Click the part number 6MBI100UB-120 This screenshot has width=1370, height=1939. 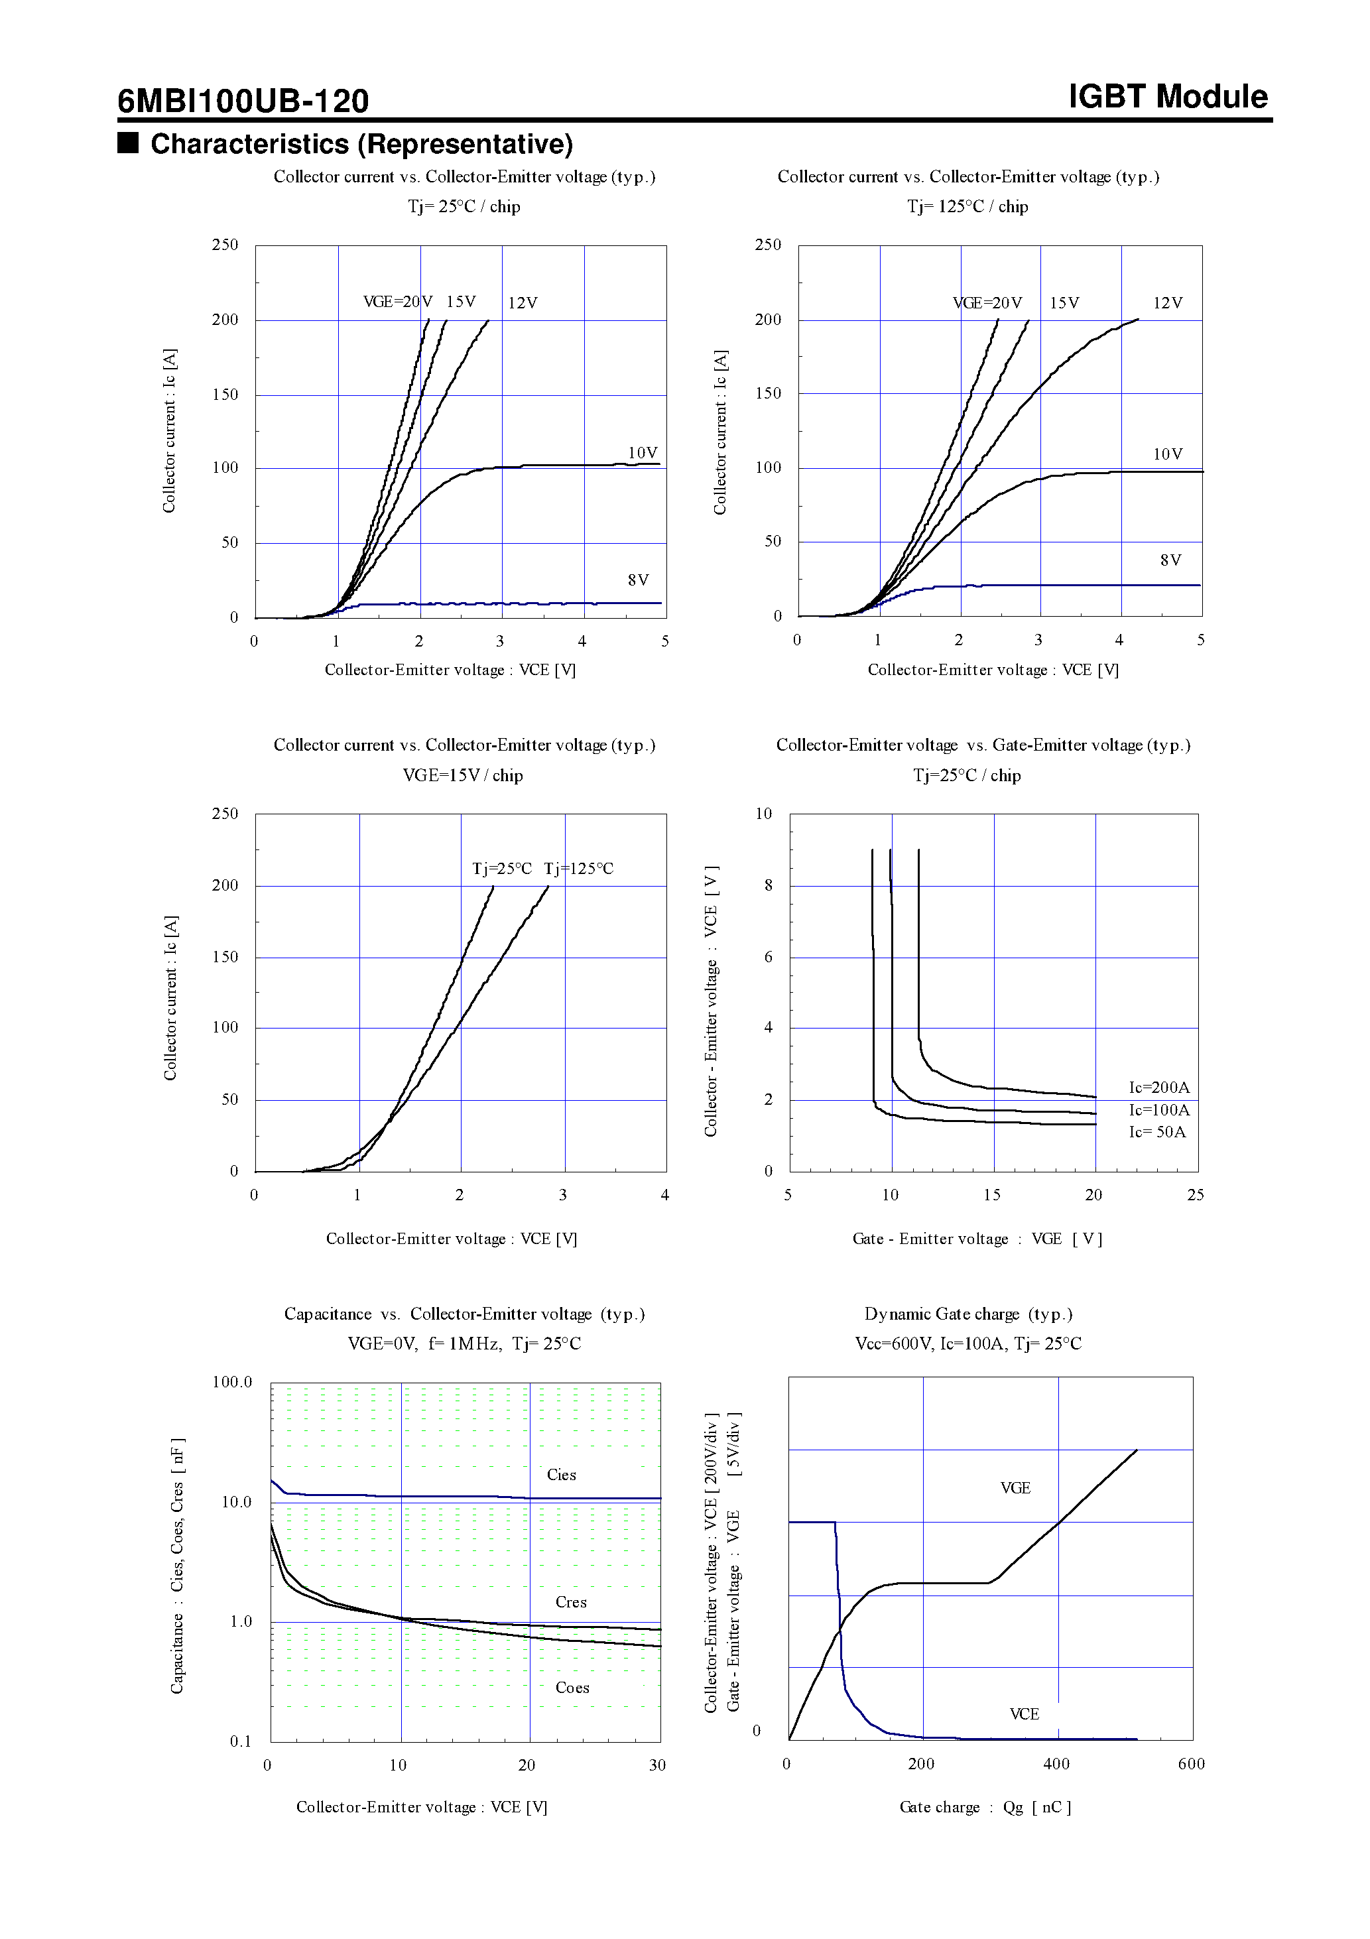point(243,101)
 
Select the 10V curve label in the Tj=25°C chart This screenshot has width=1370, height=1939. point(642,454)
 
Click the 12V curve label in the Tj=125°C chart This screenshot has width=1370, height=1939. point(1167,303)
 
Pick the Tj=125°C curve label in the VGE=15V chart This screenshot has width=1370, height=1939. point(579,869)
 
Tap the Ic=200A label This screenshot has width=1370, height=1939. point(1159,1088)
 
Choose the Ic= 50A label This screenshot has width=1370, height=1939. point(1157,1133)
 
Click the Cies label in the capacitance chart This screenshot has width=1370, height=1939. point(561,1475)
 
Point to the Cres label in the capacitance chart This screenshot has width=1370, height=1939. point(571,1603)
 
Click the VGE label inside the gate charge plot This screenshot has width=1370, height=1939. point(1015,1488)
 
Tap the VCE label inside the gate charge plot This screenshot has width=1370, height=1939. point(1024,1714)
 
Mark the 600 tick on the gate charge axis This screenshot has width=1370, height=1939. point(1191,1764)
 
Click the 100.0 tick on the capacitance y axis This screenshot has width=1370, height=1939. point(232,1383)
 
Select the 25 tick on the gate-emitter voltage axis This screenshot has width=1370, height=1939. point(1195,1195)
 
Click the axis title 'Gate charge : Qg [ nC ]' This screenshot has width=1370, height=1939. point(985,1807)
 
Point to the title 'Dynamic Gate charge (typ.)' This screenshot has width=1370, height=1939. point(968,1314)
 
